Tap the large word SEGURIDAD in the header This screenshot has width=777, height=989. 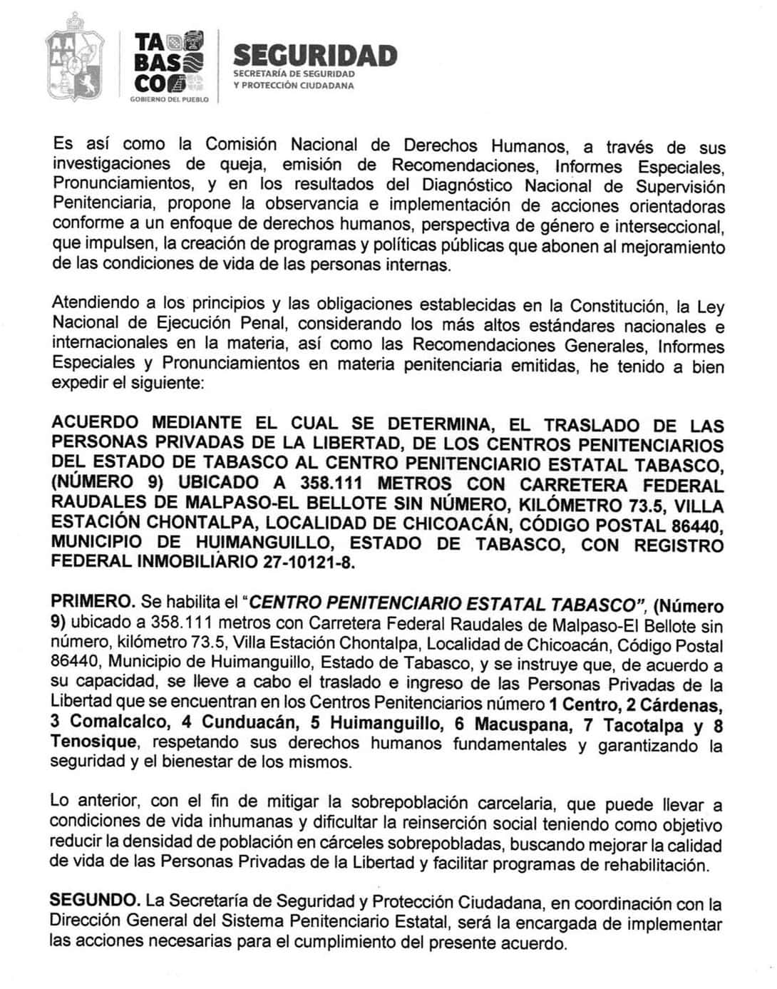315,56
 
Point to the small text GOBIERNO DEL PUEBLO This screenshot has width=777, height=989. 169,100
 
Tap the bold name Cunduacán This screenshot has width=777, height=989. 249,722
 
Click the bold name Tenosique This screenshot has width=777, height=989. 93,742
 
